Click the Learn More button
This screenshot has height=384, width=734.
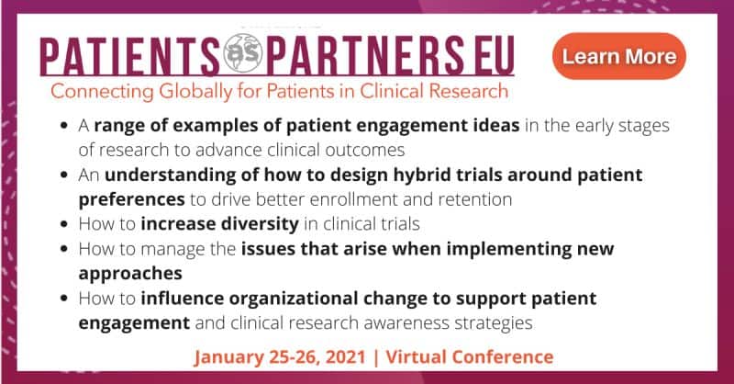coord(618,56)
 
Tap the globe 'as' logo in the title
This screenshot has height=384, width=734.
coord(242,53)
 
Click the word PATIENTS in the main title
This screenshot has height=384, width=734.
coord(130,56)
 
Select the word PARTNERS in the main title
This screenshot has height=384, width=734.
coord(365,56)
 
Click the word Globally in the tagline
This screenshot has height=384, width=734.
coord(195,92)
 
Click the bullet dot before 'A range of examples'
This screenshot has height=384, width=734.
coord(64,126)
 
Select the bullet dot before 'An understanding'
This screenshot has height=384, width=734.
coord(64,175)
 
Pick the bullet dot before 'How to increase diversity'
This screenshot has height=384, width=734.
coord(64,224)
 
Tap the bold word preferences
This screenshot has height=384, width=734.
coord(131,200)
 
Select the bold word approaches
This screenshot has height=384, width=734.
coord(130,274)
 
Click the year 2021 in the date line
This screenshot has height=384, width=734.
coord(346,356)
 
